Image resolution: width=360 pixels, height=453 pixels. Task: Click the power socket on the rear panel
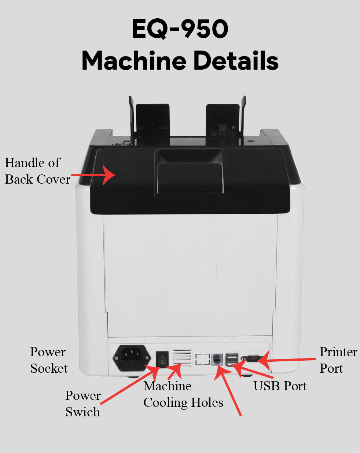click(x=132, y=358)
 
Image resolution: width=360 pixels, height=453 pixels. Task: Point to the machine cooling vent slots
click(x=182, y=357)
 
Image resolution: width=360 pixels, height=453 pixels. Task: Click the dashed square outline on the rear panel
click(x=202, y=359)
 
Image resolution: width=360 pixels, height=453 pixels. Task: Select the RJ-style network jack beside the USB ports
click(x=217, y=358)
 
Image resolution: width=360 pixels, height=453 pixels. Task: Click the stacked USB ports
click(x=232, y=359)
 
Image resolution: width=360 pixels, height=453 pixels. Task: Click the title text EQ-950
click(x=180, y=29)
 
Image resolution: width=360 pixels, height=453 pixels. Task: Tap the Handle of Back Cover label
click(x=37, y=171)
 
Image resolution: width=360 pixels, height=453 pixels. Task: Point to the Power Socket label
click(x=48, y=360)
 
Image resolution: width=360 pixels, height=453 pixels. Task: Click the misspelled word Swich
click(x=82, y=412)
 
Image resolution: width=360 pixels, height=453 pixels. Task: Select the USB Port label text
click(x=280, y=386)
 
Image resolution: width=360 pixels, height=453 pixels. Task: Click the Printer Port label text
click(x=338, y=360)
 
